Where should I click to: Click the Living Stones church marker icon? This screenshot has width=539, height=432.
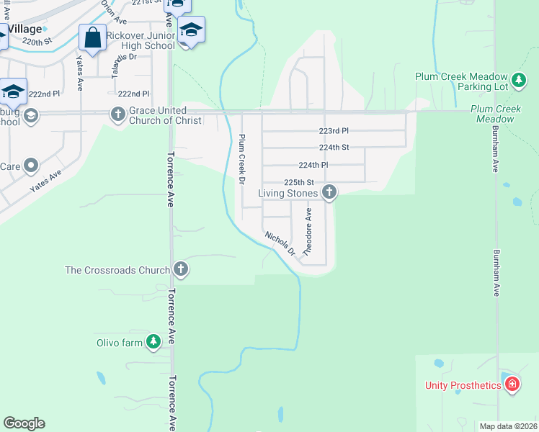click(x=329, y=192)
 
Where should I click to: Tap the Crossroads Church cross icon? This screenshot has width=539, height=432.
click(x=181, y=270)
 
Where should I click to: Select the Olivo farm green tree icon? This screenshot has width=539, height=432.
click(x=153, y=343)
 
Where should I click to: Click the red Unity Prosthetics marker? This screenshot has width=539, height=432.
click(x=512, y=384)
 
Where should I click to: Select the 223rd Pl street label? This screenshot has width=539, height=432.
click(x=334, y=131)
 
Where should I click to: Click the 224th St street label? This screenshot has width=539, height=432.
click(x=334, y=147)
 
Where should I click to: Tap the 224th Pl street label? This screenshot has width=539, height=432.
click(x=313, y=165)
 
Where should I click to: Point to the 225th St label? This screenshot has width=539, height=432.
click(x=299, y=182)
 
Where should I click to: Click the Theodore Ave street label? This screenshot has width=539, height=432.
click(x=308, y=233)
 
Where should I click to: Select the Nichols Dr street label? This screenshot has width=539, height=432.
click(x=280, y=243)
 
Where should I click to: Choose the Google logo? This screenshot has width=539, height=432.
click(x=24, y=423)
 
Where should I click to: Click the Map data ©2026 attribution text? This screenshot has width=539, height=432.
click(x=507, y=426)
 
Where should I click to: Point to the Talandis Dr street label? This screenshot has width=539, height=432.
click(x=119, y=66)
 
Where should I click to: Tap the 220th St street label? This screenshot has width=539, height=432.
click(x=37, y=42)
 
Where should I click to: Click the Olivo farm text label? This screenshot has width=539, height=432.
click(x=120, y=343)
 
